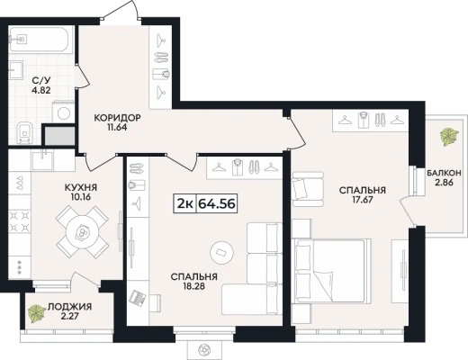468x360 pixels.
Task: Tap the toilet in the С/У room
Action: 24,132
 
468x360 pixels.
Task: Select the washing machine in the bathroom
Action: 64,112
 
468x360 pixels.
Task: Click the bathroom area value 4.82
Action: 41,90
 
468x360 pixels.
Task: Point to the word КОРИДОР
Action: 117,118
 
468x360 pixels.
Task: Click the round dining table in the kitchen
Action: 82,231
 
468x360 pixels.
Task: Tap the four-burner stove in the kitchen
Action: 20,221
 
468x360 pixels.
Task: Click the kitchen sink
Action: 43,160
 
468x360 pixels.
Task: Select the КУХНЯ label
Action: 81,187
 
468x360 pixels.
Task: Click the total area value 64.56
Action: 217,204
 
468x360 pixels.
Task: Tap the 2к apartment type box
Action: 184,204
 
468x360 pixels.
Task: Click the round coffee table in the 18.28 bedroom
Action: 221,252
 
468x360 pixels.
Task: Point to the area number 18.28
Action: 193,286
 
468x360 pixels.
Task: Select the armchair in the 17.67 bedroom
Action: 308,189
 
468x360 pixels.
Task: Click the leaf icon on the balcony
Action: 449,137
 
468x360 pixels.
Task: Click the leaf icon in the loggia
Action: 37,313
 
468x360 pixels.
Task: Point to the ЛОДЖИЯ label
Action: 70,307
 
